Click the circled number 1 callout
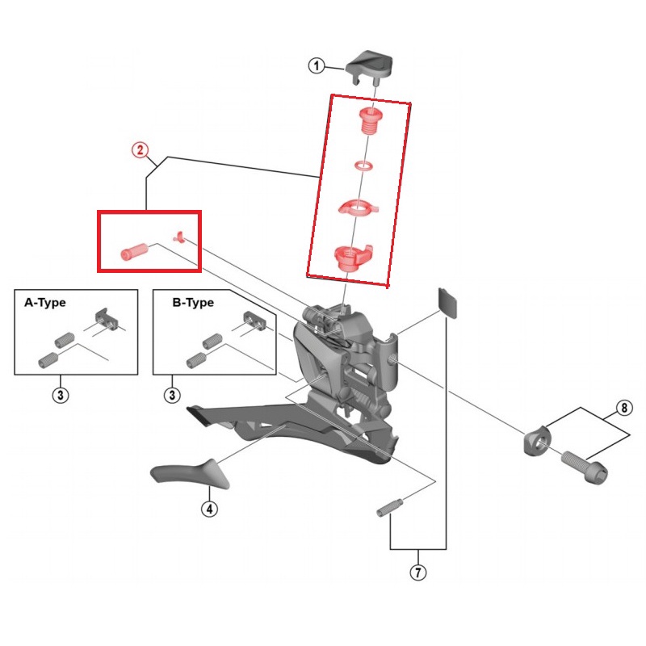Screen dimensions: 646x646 317,66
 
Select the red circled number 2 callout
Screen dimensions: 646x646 140,150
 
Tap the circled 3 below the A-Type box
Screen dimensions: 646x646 61,396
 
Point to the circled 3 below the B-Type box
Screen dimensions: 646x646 172,396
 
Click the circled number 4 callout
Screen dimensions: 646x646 210,509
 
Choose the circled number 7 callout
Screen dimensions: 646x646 418,573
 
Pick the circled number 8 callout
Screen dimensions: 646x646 624,408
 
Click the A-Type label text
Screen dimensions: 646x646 45,302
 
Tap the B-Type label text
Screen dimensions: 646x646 193,302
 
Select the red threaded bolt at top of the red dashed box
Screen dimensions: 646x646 369,120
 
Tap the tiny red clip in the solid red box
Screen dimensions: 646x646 178,237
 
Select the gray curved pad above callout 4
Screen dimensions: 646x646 190,474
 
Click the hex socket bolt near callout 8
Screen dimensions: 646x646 585,467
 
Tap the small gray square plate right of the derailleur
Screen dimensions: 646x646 447,303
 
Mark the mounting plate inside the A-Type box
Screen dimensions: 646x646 107,319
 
